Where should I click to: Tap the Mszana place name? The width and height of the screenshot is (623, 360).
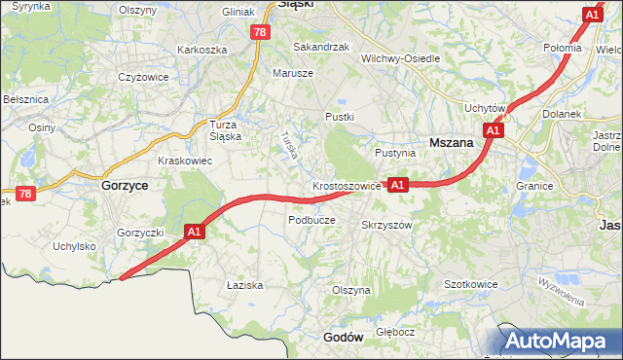click(451, 141)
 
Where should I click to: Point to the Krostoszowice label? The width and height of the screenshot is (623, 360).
click(347, 185)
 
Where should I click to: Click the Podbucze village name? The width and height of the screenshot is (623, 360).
click(311, 220)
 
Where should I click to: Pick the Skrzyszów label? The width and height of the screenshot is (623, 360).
click(387, 224)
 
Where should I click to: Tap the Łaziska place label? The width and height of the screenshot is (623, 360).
click(245, 285)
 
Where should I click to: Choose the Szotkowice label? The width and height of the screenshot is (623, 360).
click(471, 284)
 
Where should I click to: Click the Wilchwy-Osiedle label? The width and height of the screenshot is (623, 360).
click(400, 58)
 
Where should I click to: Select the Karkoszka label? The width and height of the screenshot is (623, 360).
click(202, 50)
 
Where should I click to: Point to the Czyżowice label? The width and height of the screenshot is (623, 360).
click(143, 77)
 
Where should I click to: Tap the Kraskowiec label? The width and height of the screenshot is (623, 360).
click(185, 161)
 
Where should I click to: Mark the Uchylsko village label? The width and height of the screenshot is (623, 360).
click(75, 246)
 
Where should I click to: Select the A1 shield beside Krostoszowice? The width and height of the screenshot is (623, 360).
click(397, 184)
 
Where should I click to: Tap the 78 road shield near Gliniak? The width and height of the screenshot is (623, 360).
click(259, 32)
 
